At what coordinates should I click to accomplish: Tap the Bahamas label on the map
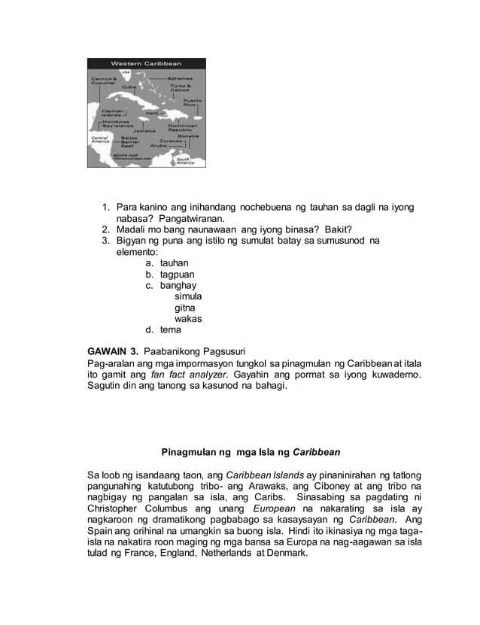click(x=181, y=77)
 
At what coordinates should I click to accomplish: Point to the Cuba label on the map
click(x=129, y=87)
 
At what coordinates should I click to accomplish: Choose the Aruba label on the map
click(x=159, y=145)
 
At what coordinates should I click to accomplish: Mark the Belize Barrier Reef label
click(x=129, y=143)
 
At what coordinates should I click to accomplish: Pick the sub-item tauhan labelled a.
click(x=174, y=263)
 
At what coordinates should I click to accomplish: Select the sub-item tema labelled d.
click(x=170, y=329)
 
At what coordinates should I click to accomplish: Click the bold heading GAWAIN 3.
click(x=113, y=351)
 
